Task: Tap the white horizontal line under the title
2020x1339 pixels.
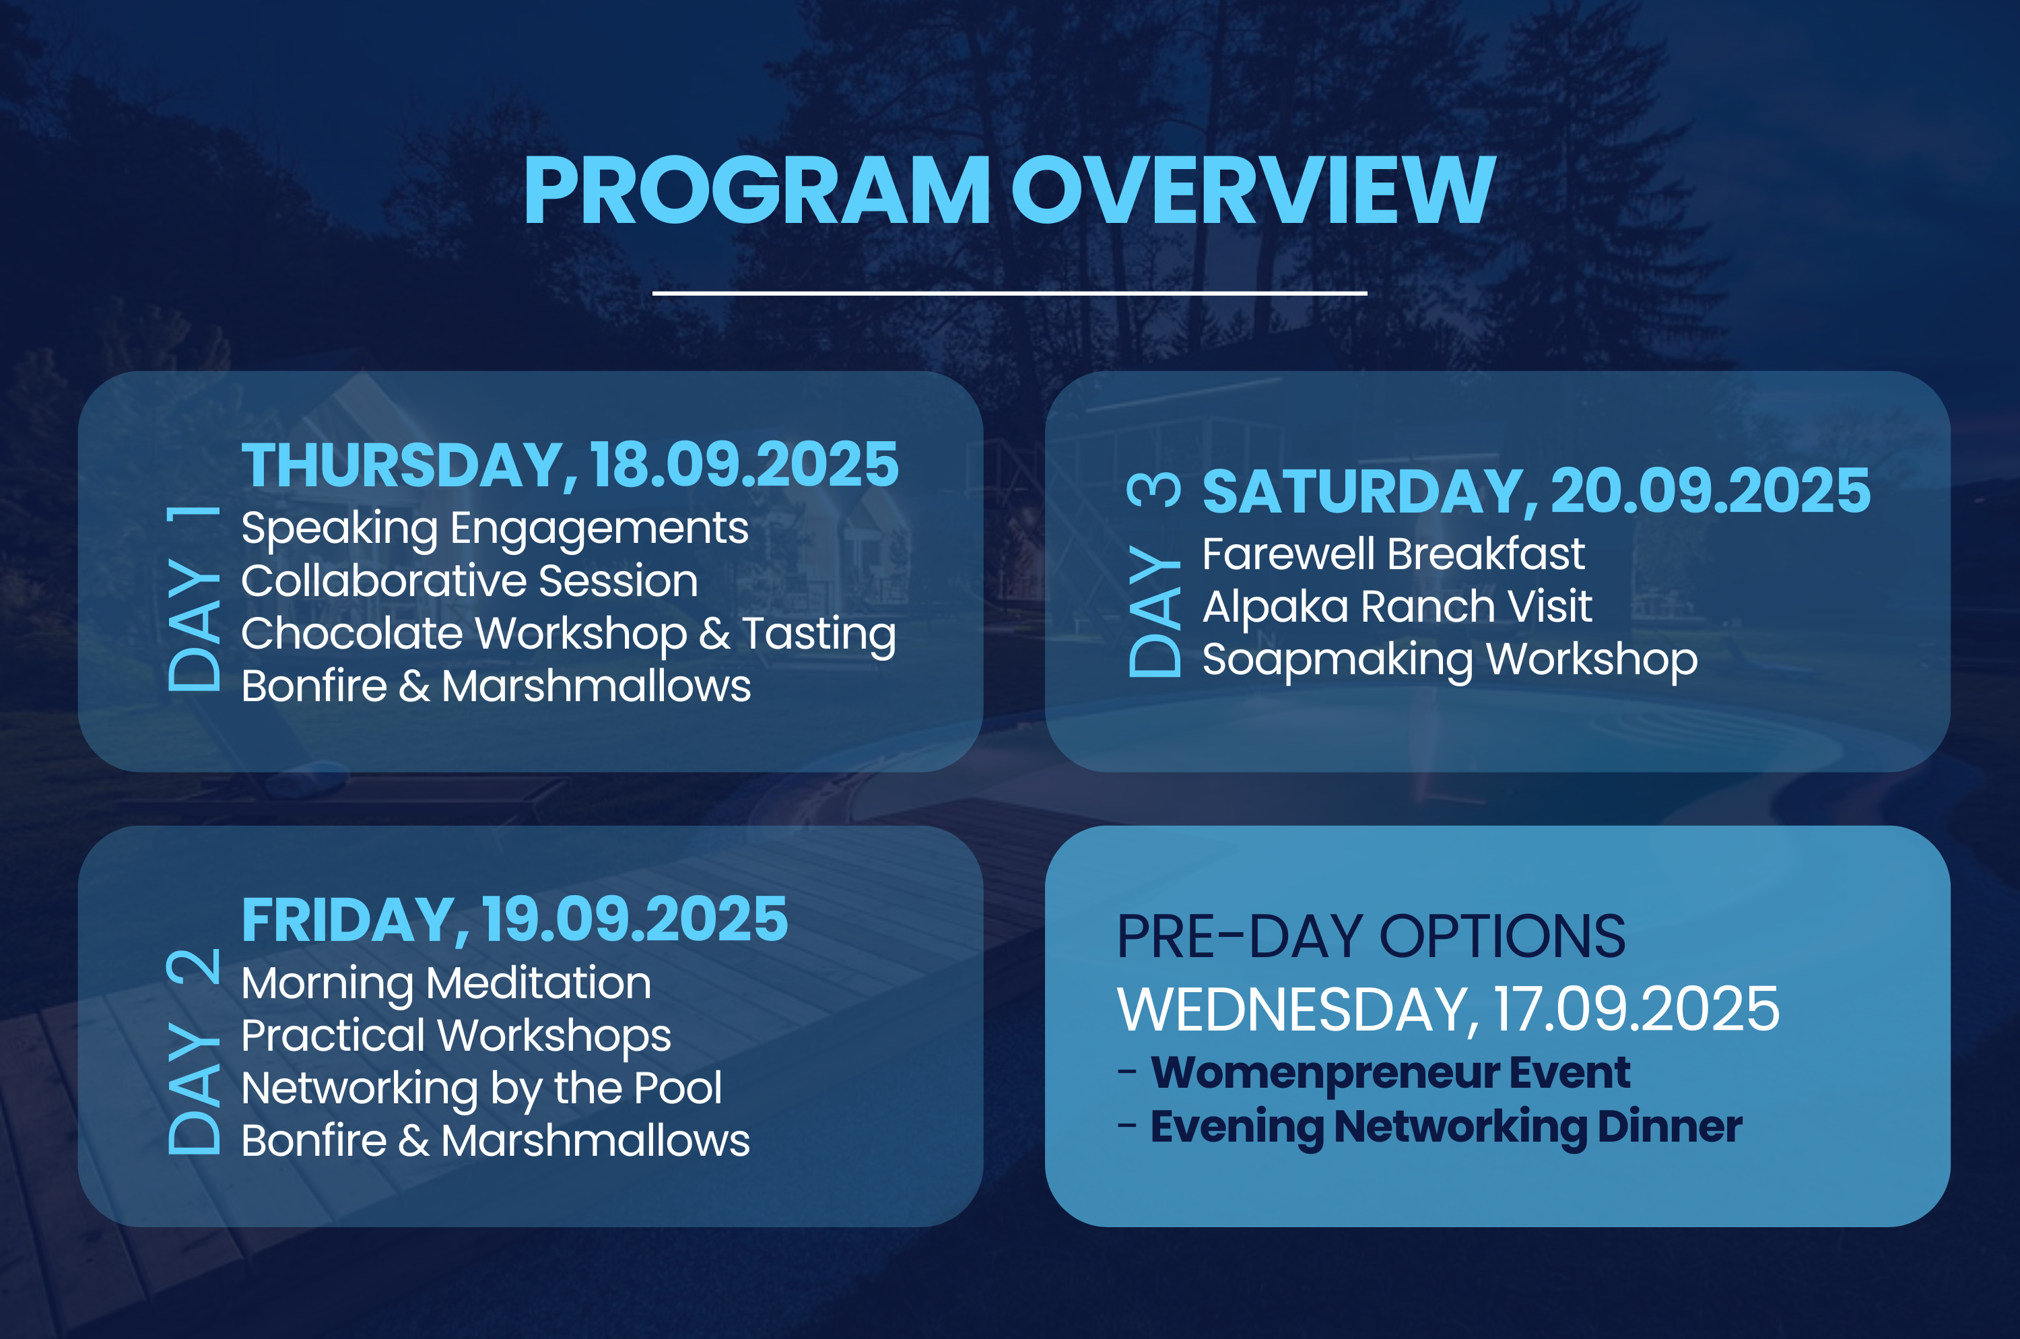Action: (1009, 293)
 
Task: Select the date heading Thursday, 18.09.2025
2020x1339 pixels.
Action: (570, 465)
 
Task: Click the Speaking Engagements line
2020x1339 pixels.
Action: (494, 529)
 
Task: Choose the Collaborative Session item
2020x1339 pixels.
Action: (469, 581)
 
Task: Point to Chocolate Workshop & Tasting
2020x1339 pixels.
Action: (568, 634)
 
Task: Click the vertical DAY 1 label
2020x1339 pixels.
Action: (193, 598)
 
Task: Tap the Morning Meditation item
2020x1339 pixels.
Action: (446, 983)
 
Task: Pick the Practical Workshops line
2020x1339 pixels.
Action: (456, 1036)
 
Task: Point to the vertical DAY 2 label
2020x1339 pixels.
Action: (193, 1051)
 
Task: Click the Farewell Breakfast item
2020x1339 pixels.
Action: (1393, 554)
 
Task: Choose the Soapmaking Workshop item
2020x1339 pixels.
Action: (1450, 660)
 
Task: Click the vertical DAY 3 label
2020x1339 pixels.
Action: (1153, 574)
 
